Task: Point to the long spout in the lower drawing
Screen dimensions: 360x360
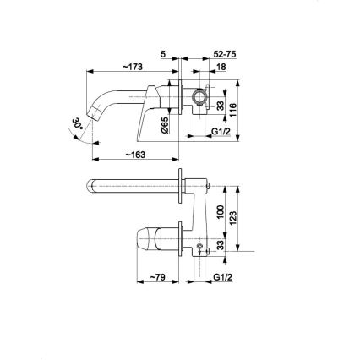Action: pos(135,186)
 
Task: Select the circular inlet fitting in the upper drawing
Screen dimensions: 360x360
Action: pos(199,96)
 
